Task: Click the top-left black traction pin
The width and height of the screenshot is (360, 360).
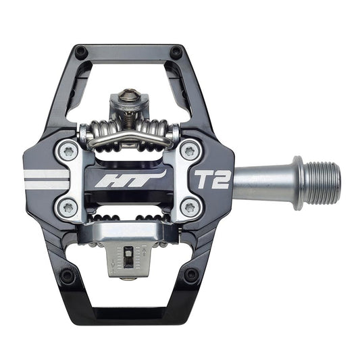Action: [x=80, y=51]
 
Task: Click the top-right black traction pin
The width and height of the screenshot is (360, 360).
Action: [x=176, y=51]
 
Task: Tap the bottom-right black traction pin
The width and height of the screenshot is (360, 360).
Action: [x=191, y=275]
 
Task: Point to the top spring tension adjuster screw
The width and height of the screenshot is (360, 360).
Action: [x=128, y=94]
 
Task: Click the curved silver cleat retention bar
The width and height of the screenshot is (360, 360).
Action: [x=128, y=137]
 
